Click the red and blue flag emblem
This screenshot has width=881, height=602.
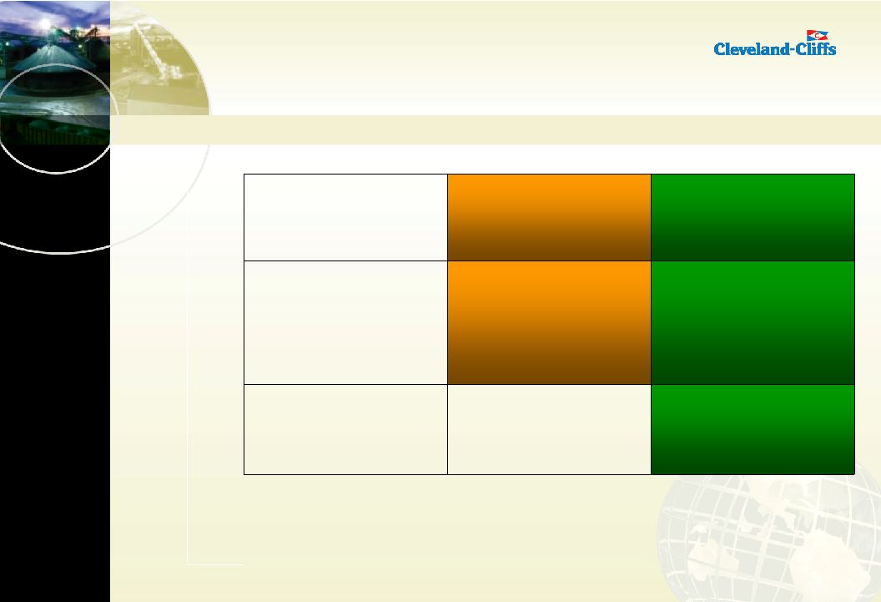[x=817, y=35]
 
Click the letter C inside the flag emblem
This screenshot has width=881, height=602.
[x=818, y=35]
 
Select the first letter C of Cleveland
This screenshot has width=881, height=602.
[x=719, y=49]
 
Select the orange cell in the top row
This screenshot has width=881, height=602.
[x=549, y=218]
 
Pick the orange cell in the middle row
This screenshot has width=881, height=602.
[x=549, y=322]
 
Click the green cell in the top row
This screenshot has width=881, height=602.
[x=753, y=218]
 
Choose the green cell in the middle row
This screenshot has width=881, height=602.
[x=753, y=322]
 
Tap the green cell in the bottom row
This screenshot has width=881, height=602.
[x=753, y=429]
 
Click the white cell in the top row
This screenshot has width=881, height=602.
[x=345, y=218]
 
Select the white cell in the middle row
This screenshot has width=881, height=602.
[x=345, y=322]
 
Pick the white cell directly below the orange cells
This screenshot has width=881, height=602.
[x=549, y=429]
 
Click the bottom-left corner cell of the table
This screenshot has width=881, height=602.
[x=345, y=429]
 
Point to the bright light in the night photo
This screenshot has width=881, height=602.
[x=44, y=24]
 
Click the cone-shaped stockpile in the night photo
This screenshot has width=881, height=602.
[x=53, y=59]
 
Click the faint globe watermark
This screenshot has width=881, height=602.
[x=769, y=538]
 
